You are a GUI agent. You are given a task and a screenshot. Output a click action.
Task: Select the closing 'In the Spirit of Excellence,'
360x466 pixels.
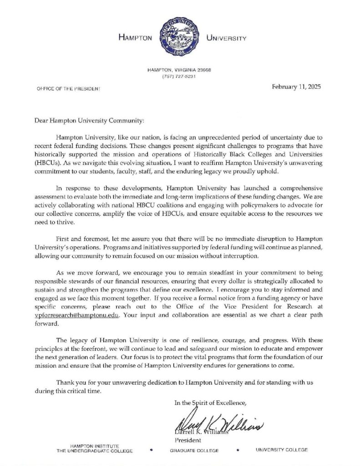pyautogui.click(x=210, y=402)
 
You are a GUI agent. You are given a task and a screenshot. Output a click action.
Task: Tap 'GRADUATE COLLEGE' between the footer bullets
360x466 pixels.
pyautogui.click(x=194, y=451)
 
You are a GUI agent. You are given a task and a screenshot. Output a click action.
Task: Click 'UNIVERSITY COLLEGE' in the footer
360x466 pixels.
pyautogui.click(x=281, y=450)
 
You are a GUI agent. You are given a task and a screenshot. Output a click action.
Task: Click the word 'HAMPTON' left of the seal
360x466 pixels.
pyautogui.click(x=135, y=39)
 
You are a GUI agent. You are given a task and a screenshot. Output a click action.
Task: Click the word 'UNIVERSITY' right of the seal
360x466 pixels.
pyautogui.click(x=226, y=39)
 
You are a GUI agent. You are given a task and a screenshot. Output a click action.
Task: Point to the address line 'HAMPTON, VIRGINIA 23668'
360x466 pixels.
pyautogui.click(x=178, y=70)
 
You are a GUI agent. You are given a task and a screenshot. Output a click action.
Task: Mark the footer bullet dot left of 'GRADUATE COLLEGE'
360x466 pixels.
pyautogui.click(x=151, y=450)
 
